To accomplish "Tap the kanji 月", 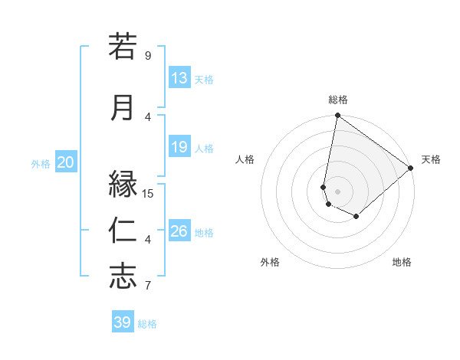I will point(123,107).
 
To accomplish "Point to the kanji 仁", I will point(123,230).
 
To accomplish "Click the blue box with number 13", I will point(179,78).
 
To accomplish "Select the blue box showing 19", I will point(179,147).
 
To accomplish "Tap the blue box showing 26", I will point(179,231).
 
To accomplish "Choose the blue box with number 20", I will point(66,162).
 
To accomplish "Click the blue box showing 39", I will point(123,322).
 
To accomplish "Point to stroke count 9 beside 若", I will point(148,55).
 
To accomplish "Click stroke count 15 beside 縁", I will point(148,194).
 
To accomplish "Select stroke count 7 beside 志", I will point(148,286).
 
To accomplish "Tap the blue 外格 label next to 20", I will point(41,163).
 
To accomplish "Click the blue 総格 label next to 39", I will point(147,324).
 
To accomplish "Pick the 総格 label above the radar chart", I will point(338,100).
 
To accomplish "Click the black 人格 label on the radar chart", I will point(245,159).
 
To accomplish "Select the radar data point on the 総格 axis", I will point(337,116).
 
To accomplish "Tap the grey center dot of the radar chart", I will point(337,191).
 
